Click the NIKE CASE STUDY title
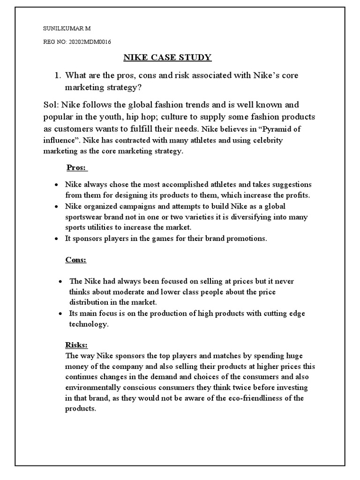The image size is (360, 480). (x=167, y=58)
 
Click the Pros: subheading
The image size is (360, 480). (x=75, y=168)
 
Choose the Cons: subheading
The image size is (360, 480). (x=75, y=259)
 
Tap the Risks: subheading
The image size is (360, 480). (x=76, y=345)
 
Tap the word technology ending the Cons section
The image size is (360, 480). (x=88, y=324)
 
